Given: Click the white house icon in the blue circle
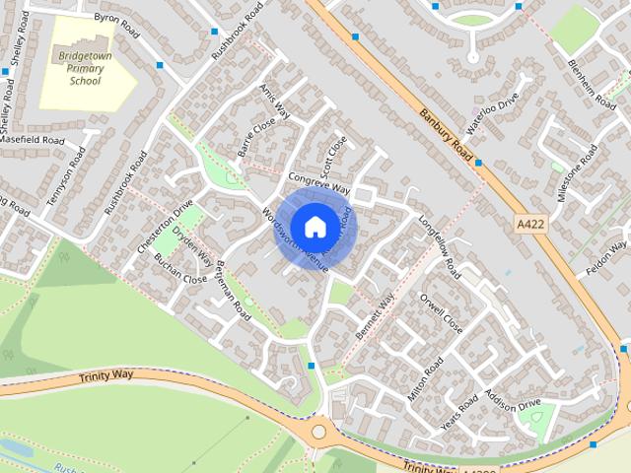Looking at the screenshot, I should click(x=315, y=227).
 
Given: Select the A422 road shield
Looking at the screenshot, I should click(x=530, y=226).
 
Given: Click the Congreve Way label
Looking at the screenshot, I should click(x=319, y=183).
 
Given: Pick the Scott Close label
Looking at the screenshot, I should click(x=336, y=152).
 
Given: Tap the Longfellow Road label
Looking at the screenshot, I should click(x=440, y=246).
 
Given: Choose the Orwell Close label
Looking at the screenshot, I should click(x=441, y=310).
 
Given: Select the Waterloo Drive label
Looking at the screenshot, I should click(x=492, y=114).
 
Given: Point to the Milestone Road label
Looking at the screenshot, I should click(x=578, y=173).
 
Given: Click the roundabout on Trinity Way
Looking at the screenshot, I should click(x=318, y=431).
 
